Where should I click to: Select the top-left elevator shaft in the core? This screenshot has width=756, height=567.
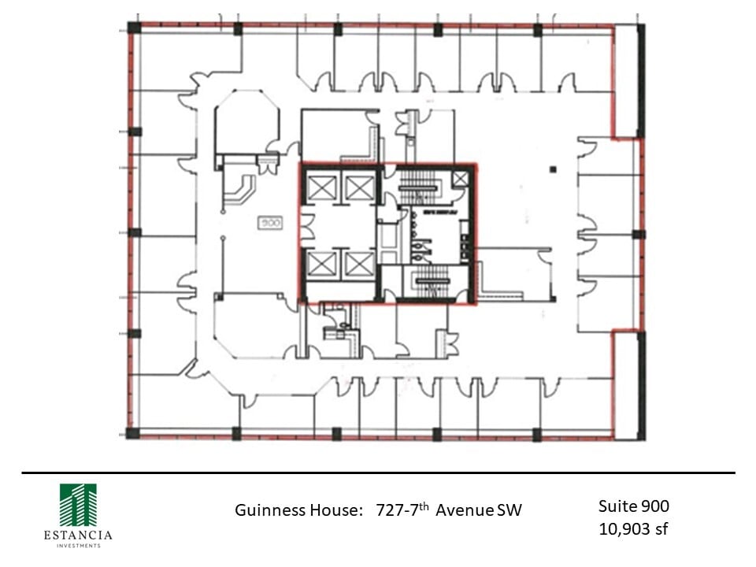(x=323, y=188)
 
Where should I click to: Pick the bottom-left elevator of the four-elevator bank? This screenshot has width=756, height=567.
(x=323, y=264)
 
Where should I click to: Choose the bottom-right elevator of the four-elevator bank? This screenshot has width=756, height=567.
(x=359, y=264)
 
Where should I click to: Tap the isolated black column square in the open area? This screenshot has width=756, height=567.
(x=554, y=169)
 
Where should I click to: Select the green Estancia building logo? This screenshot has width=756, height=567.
(x=78, y=505)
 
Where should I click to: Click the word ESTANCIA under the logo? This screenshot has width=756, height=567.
(x=78, y=535)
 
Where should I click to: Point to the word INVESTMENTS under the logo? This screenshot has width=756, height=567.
(x=78, y=546)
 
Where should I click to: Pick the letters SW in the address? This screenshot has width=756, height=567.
(x=509, y=510)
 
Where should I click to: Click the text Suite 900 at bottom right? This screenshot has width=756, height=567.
(x=633, y=506)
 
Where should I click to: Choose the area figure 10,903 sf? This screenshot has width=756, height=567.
(x=633, y=528)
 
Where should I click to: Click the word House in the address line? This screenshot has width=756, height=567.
(x=333, y=510)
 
